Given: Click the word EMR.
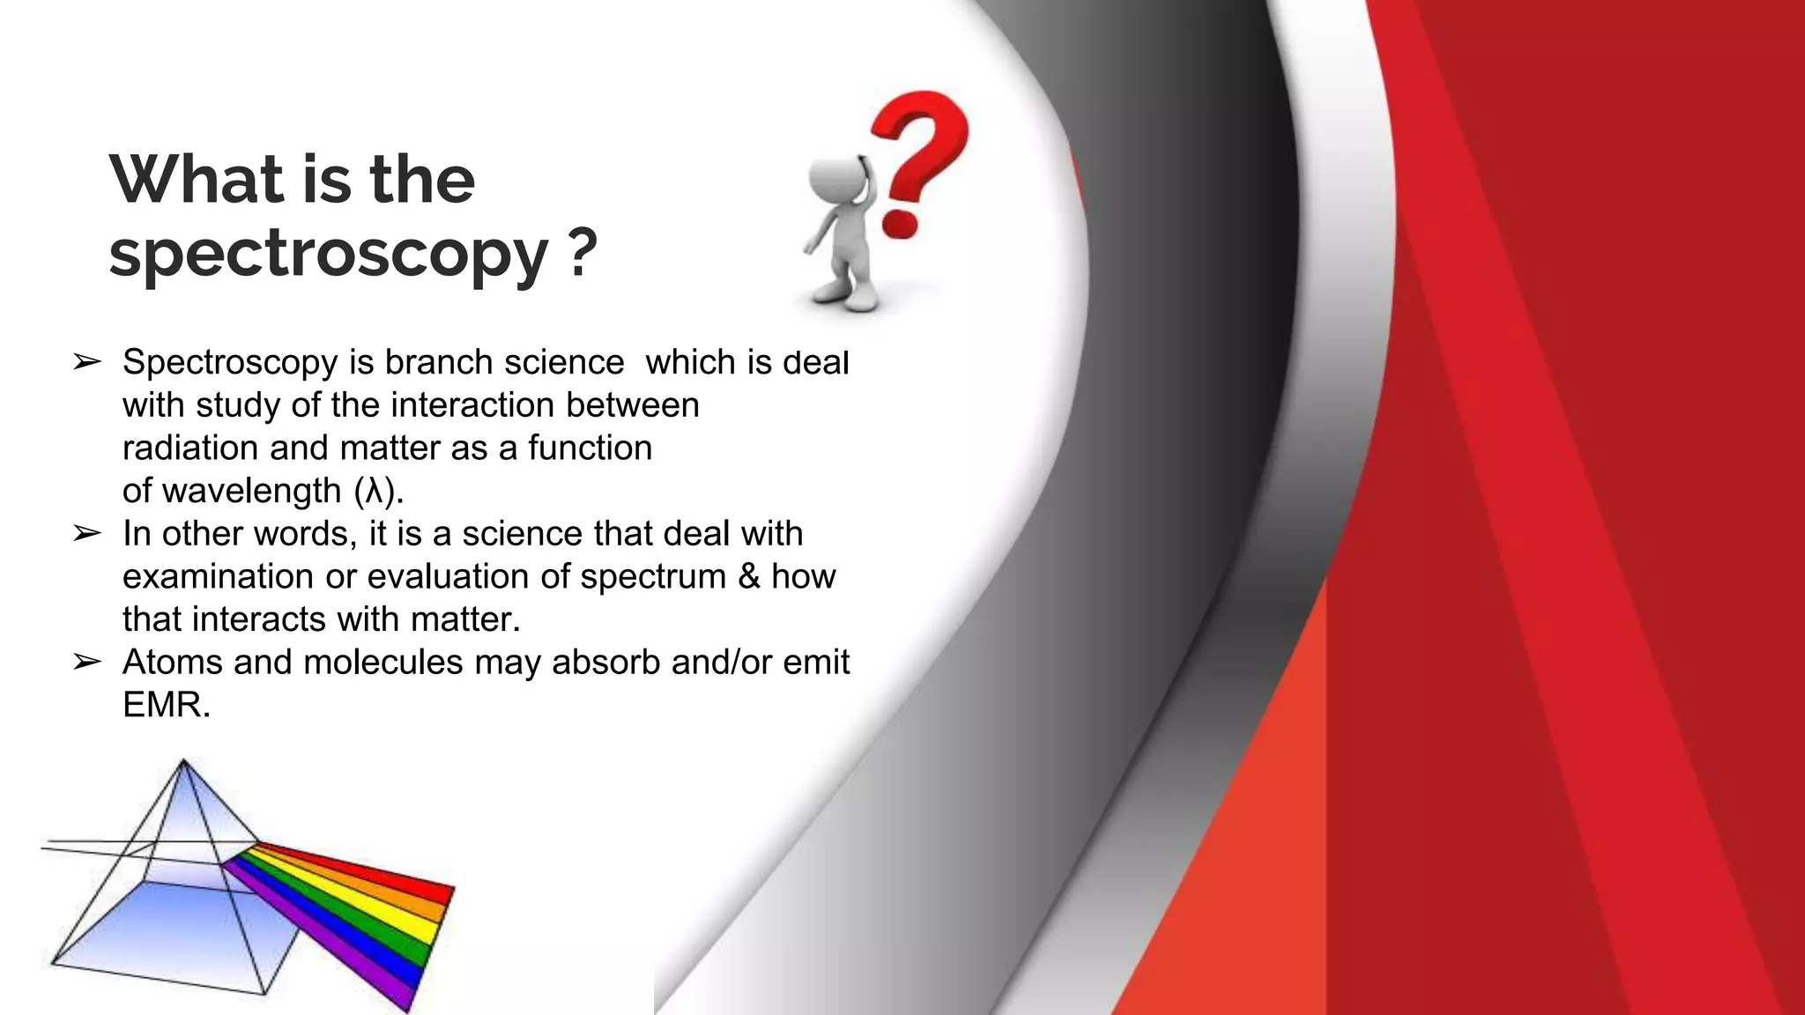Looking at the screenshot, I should pos(165,705).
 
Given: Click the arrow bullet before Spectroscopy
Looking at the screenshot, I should pos(87,362).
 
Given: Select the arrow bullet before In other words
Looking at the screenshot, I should pos(87,533).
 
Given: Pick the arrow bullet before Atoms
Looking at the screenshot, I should pos(87,662).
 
